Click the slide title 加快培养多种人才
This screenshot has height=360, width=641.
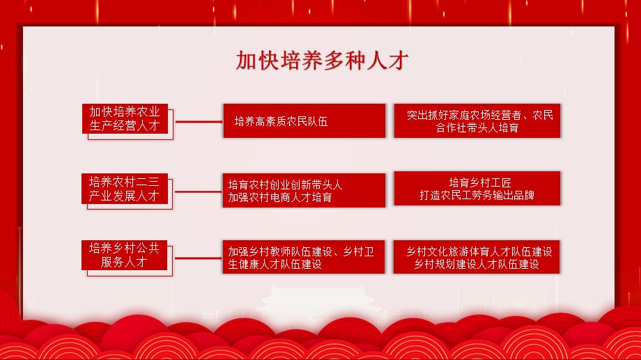pyautogui.click(x=322, y=61)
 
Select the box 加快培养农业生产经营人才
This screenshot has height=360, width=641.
pyautogui.click(x=125, y=118)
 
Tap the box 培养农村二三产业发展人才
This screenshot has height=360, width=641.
pyautogui.click(x=125, y=189)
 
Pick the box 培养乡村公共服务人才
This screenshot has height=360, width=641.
pyautogui.click(x=124, y=255)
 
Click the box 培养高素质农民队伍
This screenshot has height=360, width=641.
pyautogui.click(x=304, y=120)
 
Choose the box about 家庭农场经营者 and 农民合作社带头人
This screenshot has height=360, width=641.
pyautogui.click(x=477, y=120)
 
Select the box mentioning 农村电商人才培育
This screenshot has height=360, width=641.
pyautogui.click(x=304, y=190)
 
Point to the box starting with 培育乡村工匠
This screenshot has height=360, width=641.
pyautogui.click(x=477, y=189)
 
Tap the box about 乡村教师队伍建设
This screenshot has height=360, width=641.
pyautogui.click(x=303, y=257)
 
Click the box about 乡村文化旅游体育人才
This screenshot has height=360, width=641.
pyautogui.click(x=477, y=257)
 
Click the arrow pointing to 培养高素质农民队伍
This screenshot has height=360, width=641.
pyautogui.click(x=199, y=122)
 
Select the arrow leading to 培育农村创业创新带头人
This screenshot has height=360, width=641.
pyautogui.click(x=199, y=191)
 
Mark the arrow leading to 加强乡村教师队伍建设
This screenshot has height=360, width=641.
pyautogui.click(x=199, y=258)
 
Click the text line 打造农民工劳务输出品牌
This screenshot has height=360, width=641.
pyautogui.click(x=477, y=196)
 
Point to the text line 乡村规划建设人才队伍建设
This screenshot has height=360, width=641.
pyautogui.click(x=477, y=265)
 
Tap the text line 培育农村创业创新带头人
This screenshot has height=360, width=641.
pyautogui.click(x=285, y=185)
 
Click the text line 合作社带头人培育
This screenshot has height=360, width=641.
pyautogui.click(x=477, y=128)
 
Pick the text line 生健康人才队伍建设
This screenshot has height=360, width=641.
pyautogui.click(x=275, y=265)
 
